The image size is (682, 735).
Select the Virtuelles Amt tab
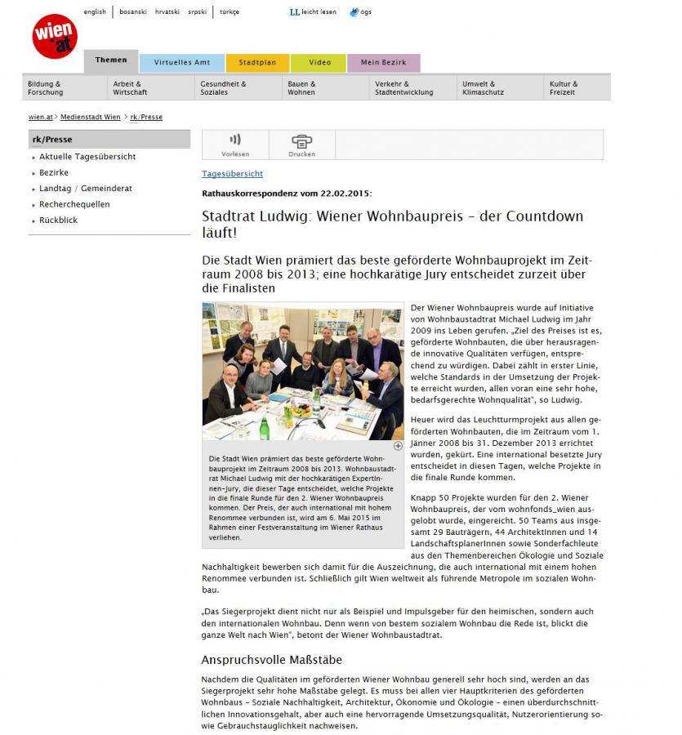(x=182, y=63)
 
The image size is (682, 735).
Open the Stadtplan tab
(x=257, y=63)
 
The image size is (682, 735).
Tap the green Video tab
(x=319, y=63)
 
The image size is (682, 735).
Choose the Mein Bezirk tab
(x=384, y=63)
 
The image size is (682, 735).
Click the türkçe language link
(x=229, y=12)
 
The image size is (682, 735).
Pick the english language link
(x=95, y=12)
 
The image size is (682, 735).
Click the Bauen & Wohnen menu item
(x=301, y=88)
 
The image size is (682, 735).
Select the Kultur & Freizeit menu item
(x=564, y=88)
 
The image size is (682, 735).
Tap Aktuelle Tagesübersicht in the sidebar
(x=87, y=157)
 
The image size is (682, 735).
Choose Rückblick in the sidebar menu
(x=59, y=220)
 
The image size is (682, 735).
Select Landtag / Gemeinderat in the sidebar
(x=86, y=189)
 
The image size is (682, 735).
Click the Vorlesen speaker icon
(x=235, y=140)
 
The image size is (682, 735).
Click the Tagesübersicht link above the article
(x=233, y=174)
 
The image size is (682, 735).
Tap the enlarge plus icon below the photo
(x=398, y=446)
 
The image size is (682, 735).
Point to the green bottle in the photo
(x=264, y=428)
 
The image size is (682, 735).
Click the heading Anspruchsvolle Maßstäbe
(x=272, y=659)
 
